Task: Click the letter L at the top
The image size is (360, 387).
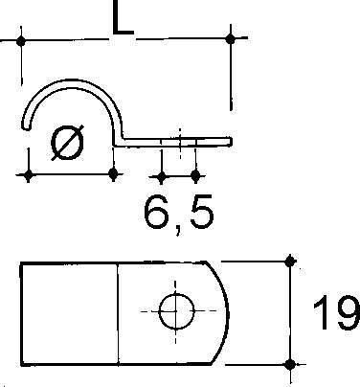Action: (x=121, y=20)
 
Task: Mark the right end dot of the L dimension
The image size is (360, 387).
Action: (x=230, y=38)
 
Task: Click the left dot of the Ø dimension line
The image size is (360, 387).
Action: (x=29, y=175)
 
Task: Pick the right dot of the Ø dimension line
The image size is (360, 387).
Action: (x=114, y=175)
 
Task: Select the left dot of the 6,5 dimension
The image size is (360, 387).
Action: (x=161, y=176)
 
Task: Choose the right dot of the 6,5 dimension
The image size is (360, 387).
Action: (x=196, y=176)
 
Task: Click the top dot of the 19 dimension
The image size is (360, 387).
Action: (x=290, y=260)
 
